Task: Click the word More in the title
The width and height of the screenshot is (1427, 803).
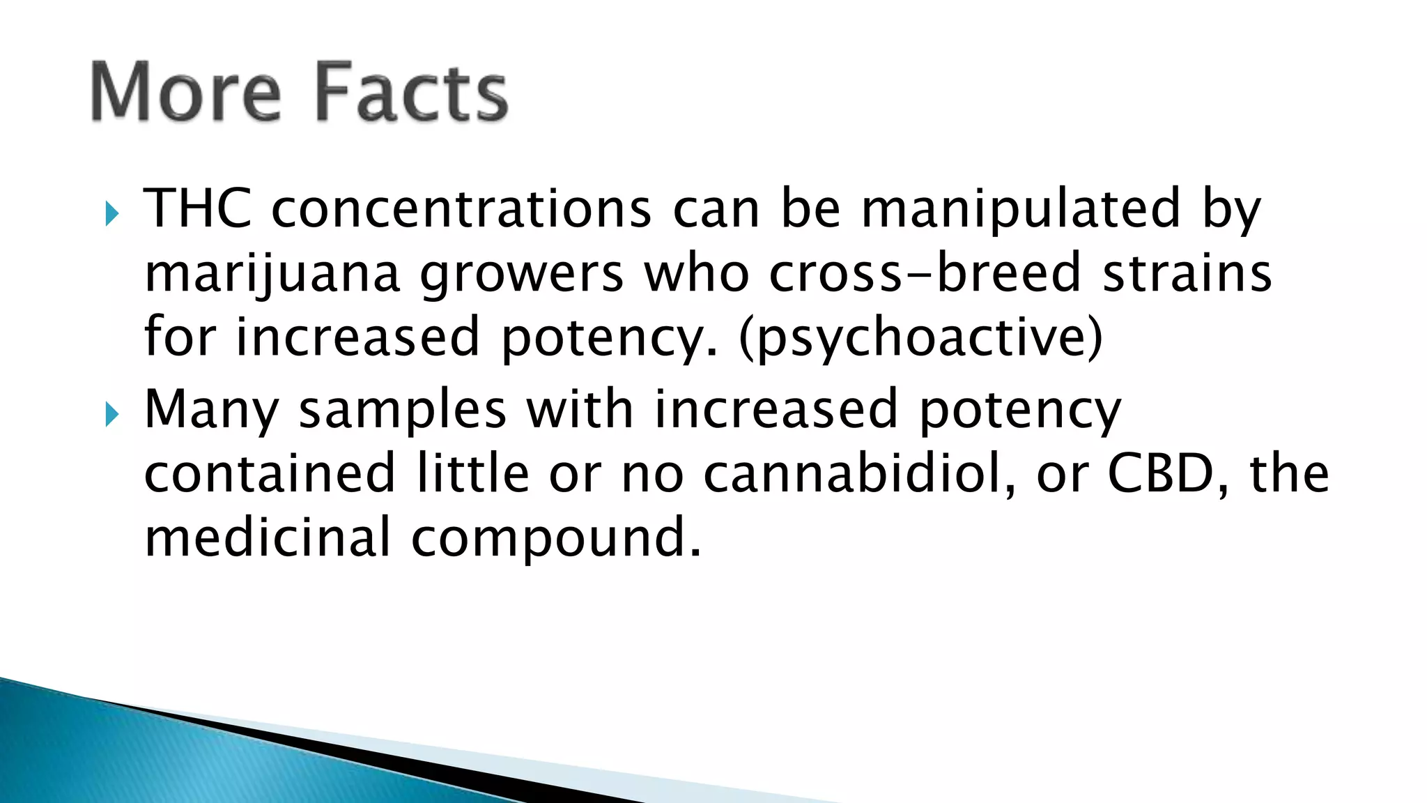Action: [186, 92]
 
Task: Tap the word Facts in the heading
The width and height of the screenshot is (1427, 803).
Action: [411, 92]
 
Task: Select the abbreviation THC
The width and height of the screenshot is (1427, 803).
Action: [198, 208]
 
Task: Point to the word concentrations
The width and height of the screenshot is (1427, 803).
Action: [461, 208]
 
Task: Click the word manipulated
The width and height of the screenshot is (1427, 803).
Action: [1021, 208]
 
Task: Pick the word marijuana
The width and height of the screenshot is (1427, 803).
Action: [272, 274]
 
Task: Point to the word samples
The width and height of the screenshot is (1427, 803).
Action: [403, 410]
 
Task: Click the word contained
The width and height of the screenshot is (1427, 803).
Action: [270, 473]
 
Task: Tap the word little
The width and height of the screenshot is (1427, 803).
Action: [473, 473]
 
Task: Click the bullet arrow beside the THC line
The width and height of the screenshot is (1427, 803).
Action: [112, 214]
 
